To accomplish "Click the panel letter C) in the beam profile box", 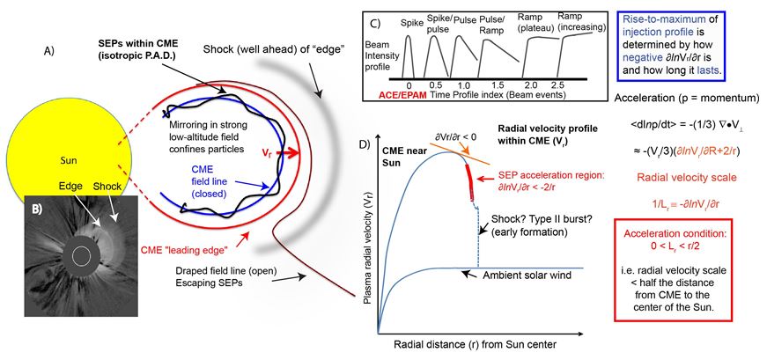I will point(375,22).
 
